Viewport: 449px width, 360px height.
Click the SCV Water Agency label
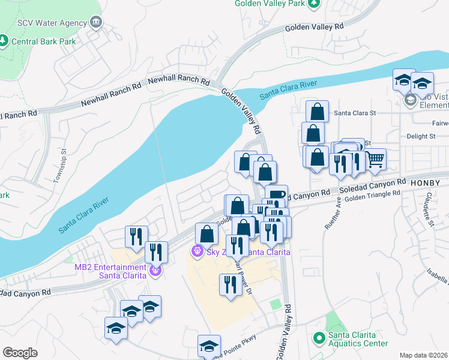(53, 22)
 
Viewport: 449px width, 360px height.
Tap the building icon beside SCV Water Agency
(95, 22)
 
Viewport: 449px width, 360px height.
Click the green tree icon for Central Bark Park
(4, 41)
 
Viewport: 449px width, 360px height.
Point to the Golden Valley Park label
(270, 4)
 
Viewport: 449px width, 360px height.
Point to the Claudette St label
(429, 209)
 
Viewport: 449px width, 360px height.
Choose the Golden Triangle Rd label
(372, 195)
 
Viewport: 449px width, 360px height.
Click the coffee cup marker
(277, 194)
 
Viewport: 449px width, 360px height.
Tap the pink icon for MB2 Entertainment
(155, 271)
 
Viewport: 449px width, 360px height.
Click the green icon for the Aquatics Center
(319, 339)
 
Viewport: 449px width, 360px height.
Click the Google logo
(20, 353)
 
